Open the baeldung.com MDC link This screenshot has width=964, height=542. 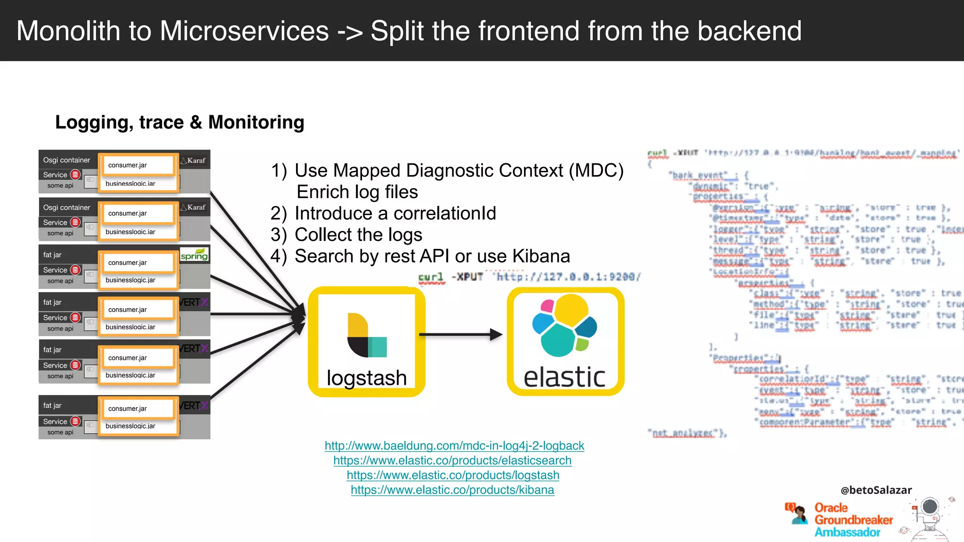coord(454,446)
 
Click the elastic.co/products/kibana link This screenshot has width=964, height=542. coord(452,490)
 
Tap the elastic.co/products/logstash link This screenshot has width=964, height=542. coord(453,475)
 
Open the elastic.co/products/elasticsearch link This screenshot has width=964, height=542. coord(452,460)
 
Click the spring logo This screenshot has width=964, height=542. coord(194,255)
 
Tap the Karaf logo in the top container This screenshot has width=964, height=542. coord(194,160)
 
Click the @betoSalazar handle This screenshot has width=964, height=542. coord(876,490)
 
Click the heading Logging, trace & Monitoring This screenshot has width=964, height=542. coord(180,122)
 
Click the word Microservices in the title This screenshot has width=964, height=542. coord(244,31)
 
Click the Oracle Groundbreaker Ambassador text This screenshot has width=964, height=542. coord(853,520)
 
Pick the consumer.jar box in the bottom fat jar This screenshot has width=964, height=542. coord(137,408)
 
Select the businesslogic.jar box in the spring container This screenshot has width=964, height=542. coord(137,280)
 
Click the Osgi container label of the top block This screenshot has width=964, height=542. coord(66,160)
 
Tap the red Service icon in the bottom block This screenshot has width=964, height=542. coord(75,421)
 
